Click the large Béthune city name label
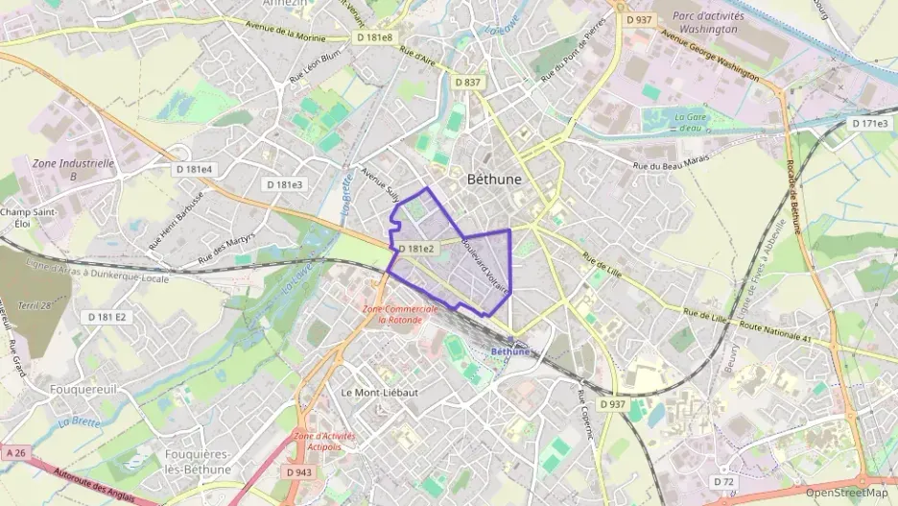coord(494,179)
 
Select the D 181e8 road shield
coord(373,37)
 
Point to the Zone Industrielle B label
coord(74,170)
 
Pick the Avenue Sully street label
coord(380,182)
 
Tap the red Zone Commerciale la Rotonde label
coord(401,314)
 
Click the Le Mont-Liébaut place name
coord(380,393)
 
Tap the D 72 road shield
coord(723,480)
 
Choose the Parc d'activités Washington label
coord(704,22)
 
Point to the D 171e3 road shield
coord(869,124)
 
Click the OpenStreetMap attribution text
coord(846,492)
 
